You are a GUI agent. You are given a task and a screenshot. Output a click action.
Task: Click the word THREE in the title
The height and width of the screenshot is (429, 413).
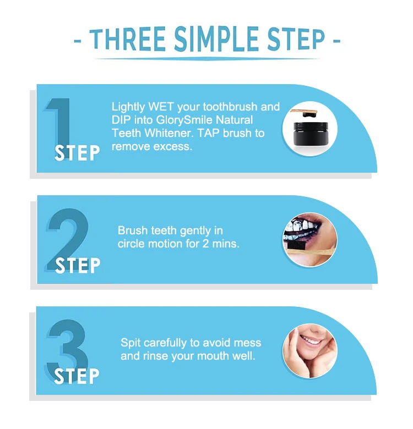click(x=127, y=39)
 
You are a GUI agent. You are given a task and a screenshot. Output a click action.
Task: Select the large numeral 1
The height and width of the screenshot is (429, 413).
click(x=58, y=123)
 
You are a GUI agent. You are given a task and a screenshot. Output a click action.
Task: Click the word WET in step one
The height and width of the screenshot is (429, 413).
click(x=161, y=107)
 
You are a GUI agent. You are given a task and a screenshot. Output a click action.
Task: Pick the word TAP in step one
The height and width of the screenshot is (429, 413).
click(x=208, y=133)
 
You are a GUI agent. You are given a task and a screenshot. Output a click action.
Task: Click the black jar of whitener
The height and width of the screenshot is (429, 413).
click(x=311, y=134)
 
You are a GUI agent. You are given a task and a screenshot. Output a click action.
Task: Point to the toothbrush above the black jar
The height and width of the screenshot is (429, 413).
click(x=304, y=112)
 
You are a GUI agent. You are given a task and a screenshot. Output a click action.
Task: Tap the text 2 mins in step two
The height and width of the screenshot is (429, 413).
click(x=221, y=244)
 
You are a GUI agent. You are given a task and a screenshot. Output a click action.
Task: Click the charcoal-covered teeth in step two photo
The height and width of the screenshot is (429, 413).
click(x=301, y=228)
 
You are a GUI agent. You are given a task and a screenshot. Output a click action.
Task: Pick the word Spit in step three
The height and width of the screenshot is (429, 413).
click(x=131, y=343)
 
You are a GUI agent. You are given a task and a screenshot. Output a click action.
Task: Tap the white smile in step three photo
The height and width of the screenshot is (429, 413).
click(x=311, y=341)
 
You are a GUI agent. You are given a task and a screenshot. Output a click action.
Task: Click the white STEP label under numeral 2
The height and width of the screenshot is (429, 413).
click(x=78, y=265)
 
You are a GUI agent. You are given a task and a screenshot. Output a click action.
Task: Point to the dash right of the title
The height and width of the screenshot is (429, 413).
click(x=336, y=41)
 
